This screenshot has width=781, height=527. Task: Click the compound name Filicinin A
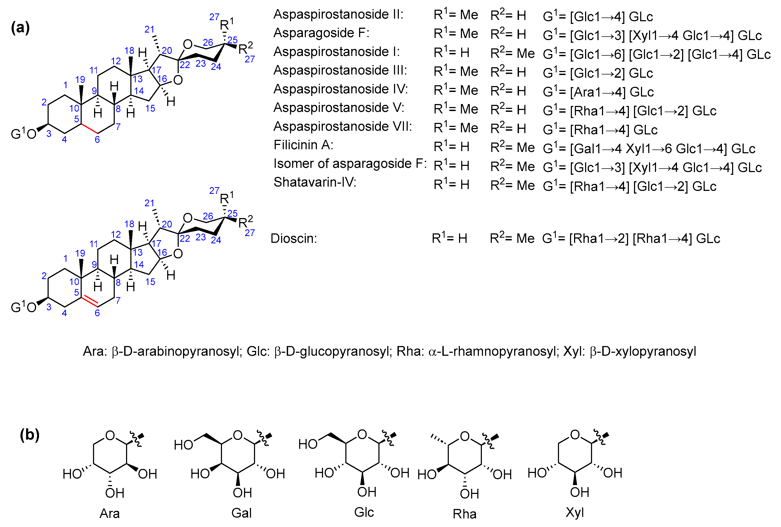click(303, 145)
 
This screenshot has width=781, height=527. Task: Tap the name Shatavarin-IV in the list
click(314, 182)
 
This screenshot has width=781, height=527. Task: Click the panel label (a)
click(20, 27)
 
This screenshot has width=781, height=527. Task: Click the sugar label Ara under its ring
click(109, 513)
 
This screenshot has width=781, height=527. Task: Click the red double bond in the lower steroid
click(90, 301)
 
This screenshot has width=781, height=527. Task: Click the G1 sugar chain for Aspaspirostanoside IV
click(598, 92)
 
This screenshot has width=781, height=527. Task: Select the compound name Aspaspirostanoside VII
click(342, 126)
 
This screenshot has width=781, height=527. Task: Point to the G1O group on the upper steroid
click(23, 134)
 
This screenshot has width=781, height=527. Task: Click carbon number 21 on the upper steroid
click(149, 30)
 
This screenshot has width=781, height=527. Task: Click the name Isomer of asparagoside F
click(350, 164)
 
